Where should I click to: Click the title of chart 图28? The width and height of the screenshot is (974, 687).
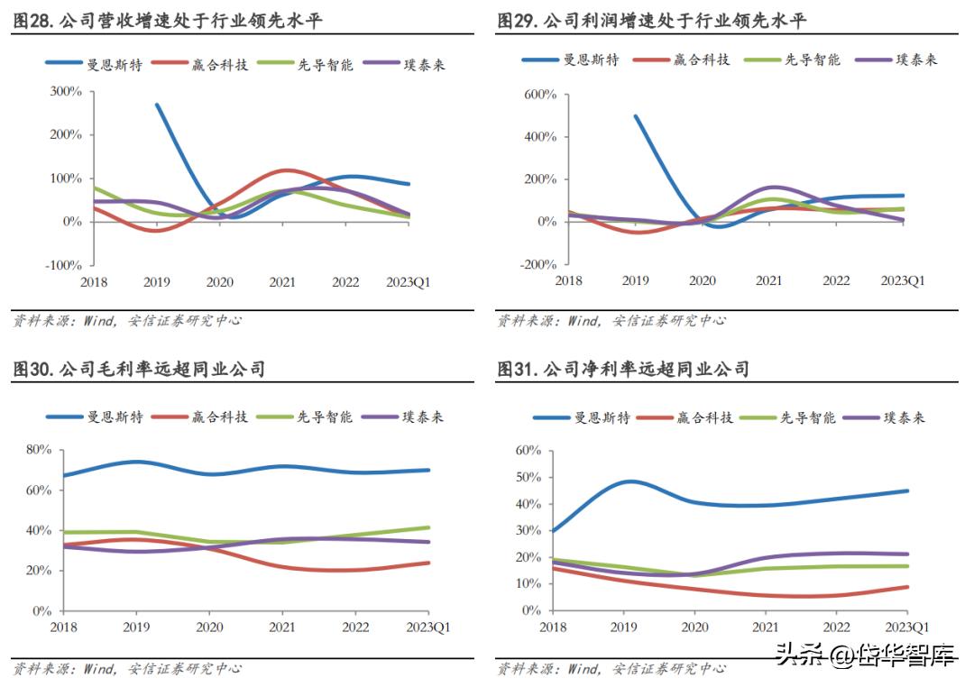(167, 21)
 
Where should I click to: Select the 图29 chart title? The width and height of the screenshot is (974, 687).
(652, 21)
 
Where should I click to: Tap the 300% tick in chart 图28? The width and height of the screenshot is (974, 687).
(65, 92)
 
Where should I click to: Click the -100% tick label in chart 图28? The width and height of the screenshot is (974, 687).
(62, 265)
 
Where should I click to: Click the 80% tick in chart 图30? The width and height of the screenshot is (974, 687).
(41, 449)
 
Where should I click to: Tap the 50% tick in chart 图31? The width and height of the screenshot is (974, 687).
(528, 477)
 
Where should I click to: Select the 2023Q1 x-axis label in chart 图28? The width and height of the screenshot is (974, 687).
(409, 282)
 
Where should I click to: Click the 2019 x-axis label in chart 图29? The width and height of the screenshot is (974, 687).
(636, 280)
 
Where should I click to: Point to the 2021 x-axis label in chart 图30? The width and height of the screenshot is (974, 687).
(282, 627)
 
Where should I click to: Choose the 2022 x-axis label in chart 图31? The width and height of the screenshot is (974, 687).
(836, 627)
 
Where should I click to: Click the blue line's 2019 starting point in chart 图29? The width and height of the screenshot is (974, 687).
(636, 116)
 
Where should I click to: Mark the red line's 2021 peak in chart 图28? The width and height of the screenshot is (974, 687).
(286, 169)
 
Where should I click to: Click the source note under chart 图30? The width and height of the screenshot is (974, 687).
(126, 669)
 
